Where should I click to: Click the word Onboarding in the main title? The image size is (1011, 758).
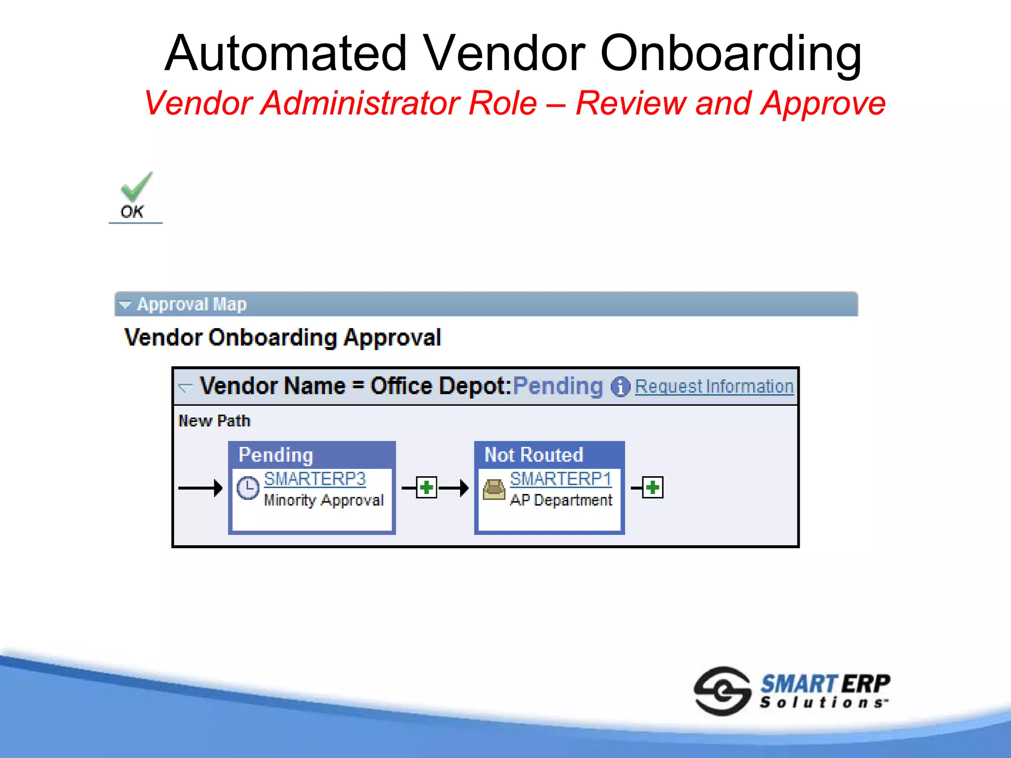[x=730, y=53]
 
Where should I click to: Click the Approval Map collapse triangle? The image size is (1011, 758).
[x=125, y=305]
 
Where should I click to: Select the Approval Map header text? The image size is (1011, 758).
[x=192, y=304]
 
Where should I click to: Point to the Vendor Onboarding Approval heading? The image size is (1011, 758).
[x=282, y=338]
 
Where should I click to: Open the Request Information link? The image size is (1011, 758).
[x=714, y=386]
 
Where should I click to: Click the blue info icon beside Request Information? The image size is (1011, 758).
[x=620, y=387]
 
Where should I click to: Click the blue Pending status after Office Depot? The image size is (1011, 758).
[x=558, y=386]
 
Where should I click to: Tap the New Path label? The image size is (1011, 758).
[x=214, y=421]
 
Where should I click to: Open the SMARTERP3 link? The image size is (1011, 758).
[x=314, y=479]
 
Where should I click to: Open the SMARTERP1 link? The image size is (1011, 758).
[x=560, y=479]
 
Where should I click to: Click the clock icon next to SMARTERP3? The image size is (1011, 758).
[x=248, y=488]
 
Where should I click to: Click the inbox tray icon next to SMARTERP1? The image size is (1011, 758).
[x=494, y=489]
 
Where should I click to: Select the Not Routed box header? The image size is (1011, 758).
[x=533, y=455]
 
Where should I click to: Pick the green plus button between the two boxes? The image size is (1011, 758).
[x=427, y=488]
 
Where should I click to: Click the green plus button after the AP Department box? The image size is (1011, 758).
[x=653, y=488]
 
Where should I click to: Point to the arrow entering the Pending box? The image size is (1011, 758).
[x=200, y=488]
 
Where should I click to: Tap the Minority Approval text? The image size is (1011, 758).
[x=323, y=500]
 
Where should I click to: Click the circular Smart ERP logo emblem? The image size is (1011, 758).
[x=722, y=691]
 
